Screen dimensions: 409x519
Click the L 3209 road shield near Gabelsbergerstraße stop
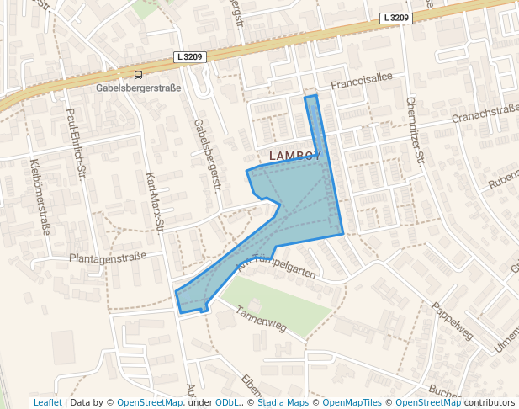click(189, 57)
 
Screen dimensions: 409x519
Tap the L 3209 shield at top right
click(395, 18)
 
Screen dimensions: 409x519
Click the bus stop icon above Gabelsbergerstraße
click(138, 74)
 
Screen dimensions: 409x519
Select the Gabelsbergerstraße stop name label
click(139, 87)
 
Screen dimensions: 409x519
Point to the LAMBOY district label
click(294, 156)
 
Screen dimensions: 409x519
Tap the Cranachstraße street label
click(485, 114)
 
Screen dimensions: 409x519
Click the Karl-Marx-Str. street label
click(153, 202)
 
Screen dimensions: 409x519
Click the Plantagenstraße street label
click(108, 257)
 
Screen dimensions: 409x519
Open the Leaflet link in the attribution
click(47, 402)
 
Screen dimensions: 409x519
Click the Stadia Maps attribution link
click(283, 402)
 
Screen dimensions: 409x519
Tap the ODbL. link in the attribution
click(228, 402)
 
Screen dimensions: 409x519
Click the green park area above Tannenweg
click(278, 301)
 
